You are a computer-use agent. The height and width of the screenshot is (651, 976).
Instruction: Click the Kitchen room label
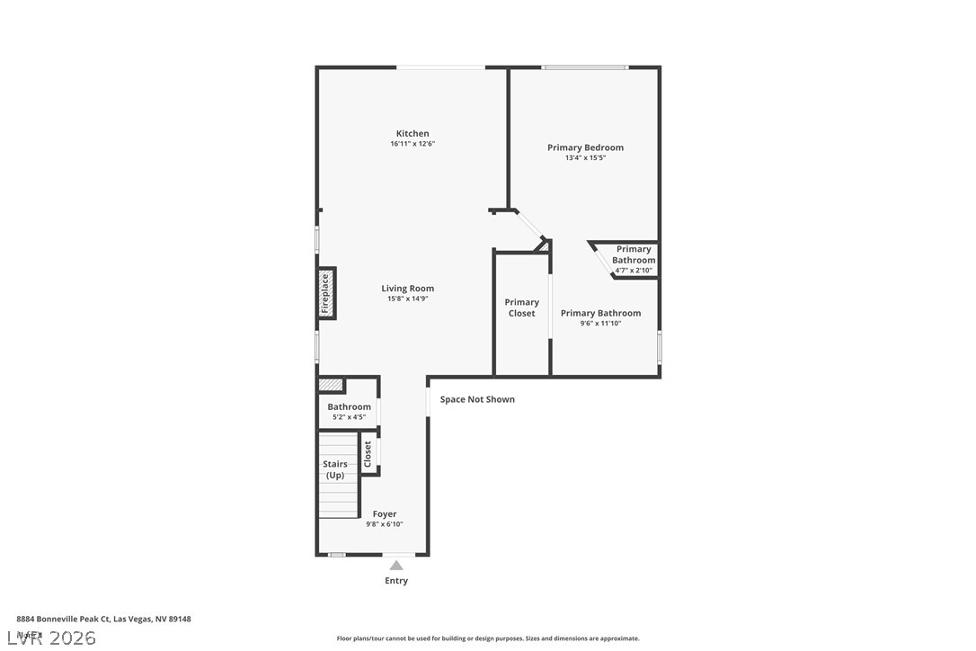click(x=413, y=134)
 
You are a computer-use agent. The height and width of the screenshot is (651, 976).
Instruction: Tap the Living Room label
click(x=407, y=289)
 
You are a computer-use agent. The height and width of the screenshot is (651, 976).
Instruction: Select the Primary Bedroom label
click(x=585, y=147)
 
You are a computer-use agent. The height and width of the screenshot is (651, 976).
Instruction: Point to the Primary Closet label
click(x=521, y=308)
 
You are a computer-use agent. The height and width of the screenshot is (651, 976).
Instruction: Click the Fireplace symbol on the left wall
click(x=326, y=293)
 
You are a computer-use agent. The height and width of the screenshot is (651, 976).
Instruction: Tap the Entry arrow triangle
click(x=396, y=565)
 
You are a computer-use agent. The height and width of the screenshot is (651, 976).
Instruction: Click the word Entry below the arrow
click(x=396, y=581)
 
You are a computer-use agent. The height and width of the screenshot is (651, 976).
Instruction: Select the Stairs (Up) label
click(x=335, y=469)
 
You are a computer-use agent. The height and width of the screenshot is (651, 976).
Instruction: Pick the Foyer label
click(x=385, y=514)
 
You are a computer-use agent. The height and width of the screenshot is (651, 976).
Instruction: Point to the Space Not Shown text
click(x=477, y=399)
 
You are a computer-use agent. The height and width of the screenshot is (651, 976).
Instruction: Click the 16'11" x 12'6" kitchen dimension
click(x=413, y=144)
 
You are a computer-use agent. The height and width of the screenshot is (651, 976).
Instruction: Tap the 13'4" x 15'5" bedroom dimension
click(x=585, y=158)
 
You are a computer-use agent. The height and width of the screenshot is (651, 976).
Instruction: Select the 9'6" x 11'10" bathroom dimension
click(x=600, y=324)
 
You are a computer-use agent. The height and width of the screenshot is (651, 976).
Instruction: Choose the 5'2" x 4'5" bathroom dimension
click(x=349, y=417)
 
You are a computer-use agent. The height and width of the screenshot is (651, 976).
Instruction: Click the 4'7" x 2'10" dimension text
click(x=634, y=271)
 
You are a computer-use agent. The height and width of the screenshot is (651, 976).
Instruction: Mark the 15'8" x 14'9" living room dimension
click(x=407, y=299)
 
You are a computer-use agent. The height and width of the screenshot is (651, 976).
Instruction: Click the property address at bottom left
click(x=103, y=619)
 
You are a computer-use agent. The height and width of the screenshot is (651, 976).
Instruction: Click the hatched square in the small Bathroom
click(x=332, y=385)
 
